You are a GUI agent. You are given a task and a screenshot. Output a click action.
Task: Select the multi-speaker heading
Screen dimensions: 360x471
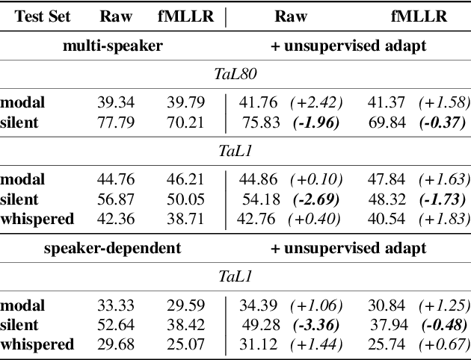pos(112,46)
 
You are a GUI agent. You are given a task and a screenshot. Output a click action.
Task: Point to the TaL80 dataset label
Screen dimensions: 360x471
pos(235,73)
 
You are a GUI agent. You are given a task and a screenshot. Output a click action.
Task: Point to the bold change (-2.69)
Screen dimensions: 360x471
pos(315,199)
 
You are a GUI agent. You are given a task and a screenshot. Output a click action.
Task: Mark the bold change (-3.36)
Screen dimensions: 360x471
pos(315,324)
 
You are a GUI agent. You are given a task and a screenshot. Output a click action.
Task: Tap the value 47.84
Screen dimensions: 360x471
pos(387,179)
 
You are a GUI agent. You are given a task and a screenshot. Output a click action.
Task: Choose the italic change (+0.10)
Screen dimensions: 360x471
pos(315,179)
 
